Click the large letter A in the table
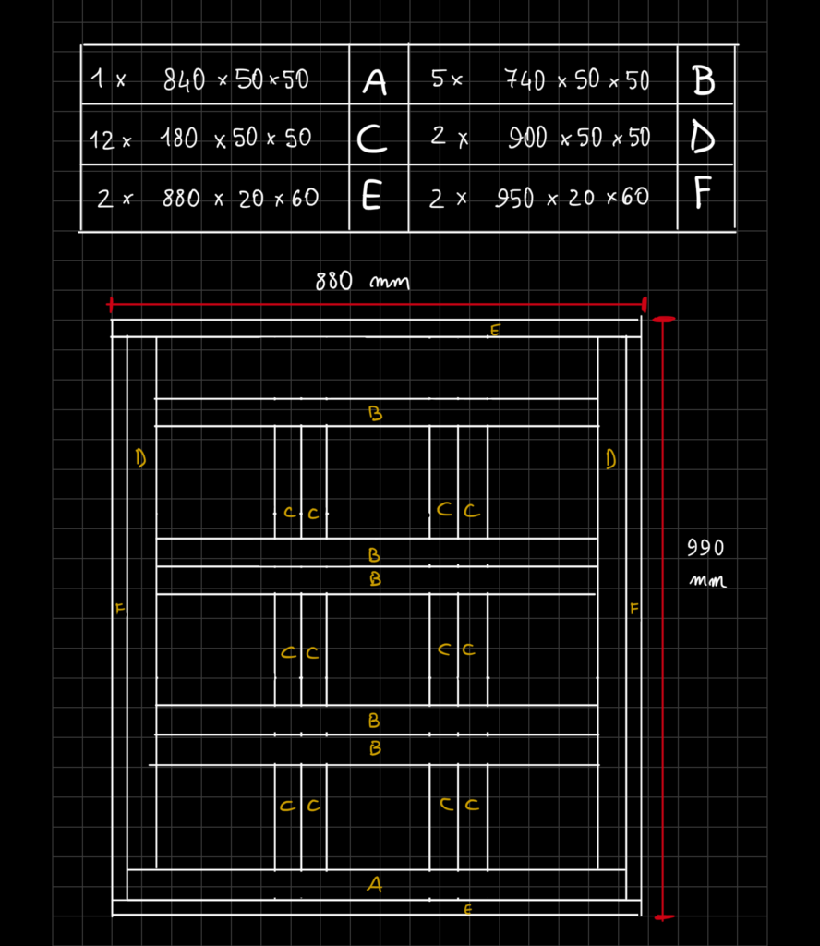[374, 82]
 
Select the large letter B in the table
[703, 80]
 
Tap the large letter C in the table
[371, 139]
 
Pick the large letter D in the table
[703, 138]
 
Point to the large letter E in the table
[371, 196]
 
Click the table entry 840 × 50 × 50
[235, 79]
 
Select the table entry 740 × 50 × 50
[576, 79]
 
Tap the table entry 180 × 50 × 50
[235, 139]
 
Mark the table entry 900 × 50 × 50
[579, 138]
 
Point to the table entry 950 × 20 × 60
[573, 198]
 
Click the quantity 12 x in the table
[110, 140]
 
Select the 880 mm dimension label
[362, 281]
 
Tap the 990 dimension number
[705, 548]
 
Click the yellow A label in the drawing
[374, 884]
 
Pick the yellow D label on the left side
[140, 458]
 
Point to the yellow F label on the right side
[633, 608]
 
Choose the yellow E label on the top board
[495, 330]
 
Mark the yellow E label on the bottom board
[468, 909]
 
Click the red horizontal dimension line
[377, 304]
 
